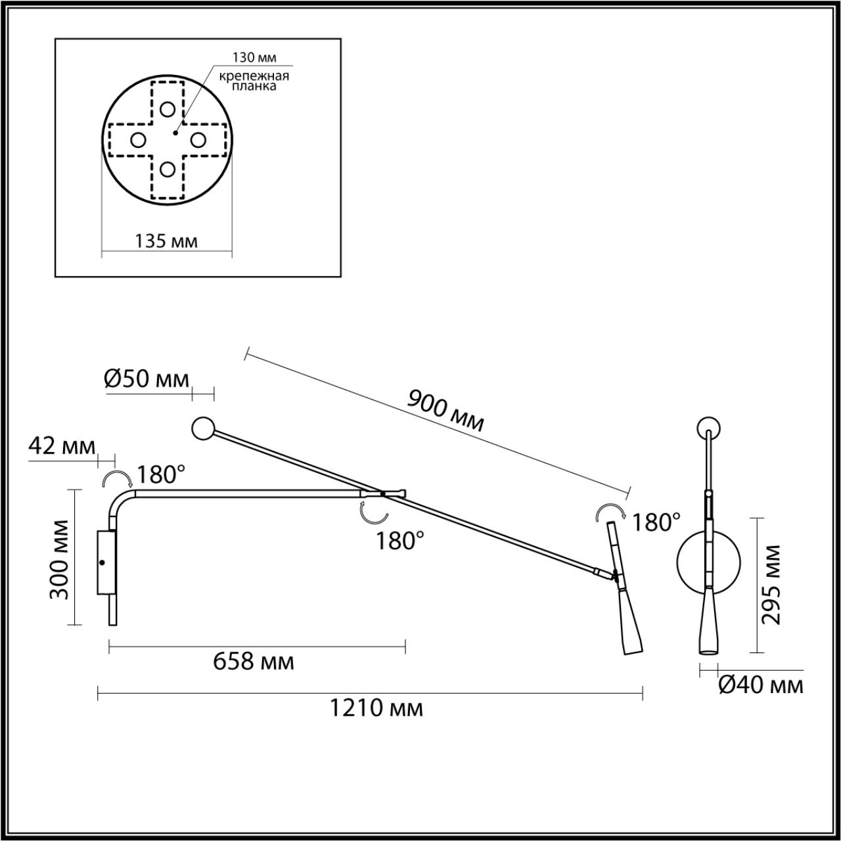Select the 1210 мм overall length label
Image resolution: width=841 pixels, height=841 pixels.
[375, 708]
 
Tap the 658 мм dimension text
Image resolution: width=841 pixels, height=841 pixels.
[254, 661]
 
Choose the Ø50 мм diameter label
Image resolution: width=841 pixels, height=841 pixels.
[147, 378]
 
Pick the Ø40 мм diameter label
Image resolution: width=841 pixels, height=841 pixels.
[761, 685]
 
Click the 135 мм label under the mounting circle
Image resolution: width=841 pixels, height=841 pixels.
[166, 240]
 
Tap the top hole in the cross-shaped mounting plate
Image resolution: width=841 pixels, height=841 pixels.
[168, 109]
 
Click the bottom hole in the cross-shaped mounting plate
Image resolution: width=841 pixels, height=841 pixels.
[168, 170]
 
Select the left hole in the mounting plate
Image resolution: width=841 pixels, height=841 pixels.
[138, 139]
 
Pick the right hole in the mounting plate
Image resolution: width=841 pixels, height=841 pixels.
[198, 139]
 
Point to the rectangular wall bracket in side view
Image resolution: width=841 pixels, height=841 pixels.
[105, 562]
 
